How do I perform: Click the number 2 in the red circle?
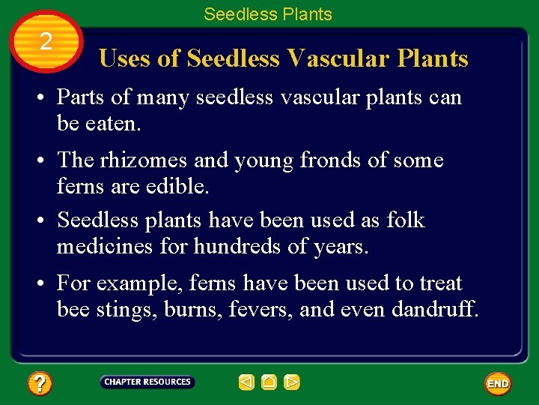point(46,42)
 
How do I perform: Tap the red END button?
point(498,383)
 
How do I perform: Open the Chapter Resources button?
point(147,382)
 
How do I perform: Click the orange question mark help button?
point(40,384)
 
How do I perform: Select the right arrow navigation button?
point(292,382)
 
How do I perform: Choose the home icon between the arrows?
point(269,382)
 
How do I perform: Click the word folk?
point(406,220)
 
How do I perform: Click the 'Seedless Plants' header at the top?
point(267,13)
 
